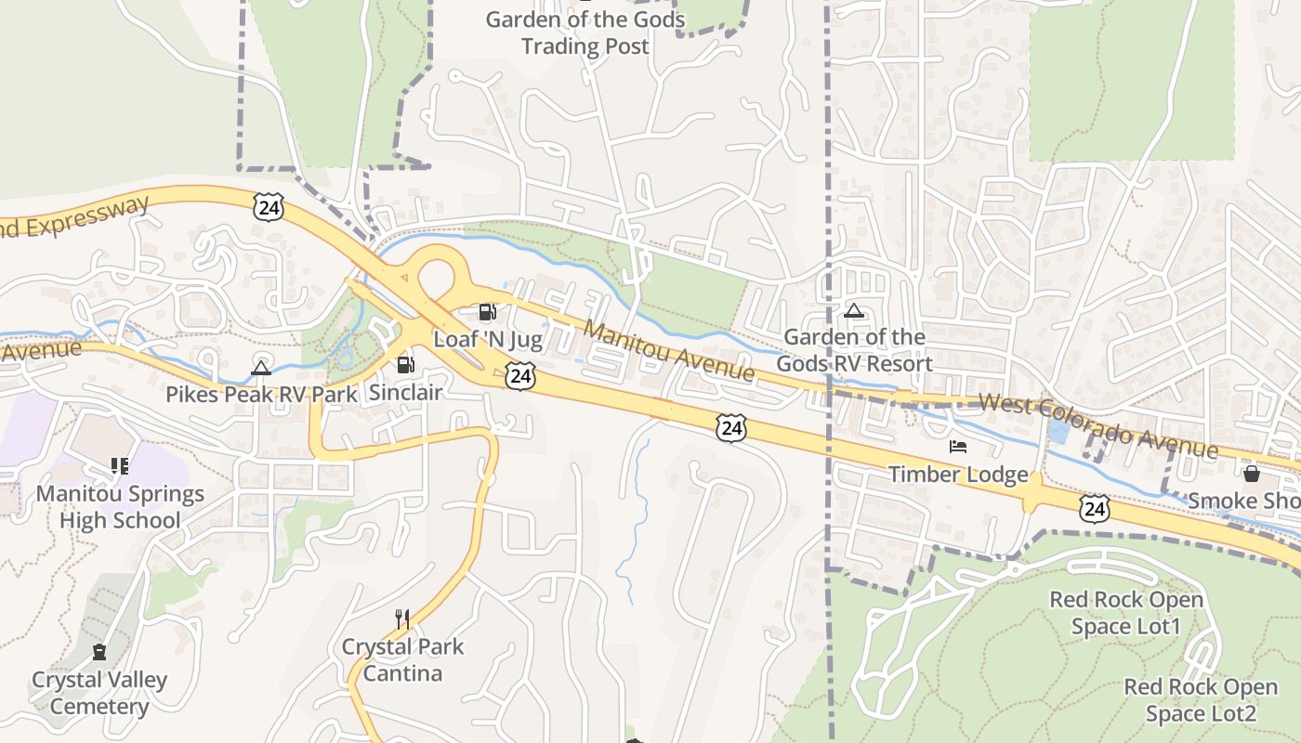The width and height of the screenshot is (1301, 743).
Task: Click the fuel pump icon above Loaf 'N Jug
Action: pyautogui.click(x=487, y=312)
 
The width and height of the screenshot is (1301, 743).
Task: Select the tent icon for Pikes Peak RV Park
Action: pyautogui.click(x=261, y=368)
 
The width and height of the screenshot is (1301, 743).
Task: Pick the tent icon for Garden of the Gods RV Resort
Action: pyautogui.click(x=854, y=310)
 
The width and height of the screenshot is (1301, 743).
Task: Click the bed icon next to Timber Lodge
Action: pyautogui.click(x=958, y=447)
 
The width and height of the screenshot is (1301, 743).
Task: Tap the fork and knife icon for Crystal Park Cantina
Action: pyautogui.click(x=402, y=619)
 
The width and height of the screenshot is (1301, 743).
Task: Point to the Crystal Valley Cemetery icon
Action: pyautogui.click(x=99, y=652)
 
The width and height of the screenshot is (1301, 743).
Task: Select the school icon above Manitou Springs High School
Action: pyautogui.click(x=119, y=465)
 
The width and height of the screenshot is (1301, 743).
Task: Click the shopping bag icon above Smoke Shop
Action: pyautogui.click(x=1251, y=474)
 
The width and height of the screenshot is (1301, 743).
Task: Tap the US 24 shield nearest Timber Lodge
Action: pyautogui.click(x=1095, y=507)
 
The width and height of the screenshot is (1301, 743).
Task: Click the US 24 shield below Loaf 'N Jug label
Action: pyautogui.click(x=520, y=376)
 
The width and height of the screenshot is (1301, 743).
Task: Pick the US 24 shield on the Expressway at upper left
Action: pyautogui.click(x=269, y=207)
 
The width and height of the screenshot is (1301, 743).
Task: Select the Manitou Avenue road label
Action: pyautogui.click(x=669, y=351)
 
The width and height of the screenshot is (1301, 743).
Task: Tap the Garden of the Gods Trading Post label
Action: pyautogui.click(x=585, y=33)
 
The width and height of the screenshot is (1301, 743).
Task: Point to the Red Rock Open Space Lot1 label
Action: pyautogui.click(x=1126, y=613)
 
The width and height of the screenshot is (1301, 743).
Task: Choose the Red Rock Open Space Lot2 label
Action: pyautogui.click(x=1201, y=700)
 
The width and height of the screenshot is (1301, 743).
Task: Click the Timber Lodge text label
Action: pyautogui.click(x=958, y=475)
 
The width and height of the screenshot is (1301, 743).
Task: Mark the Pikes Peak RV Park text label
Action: pyautogui.click(x=261, y=394)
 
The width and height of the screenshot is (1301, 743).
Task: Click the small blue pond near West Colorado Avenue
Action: pyautogui.click(x=1058, y=431)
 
